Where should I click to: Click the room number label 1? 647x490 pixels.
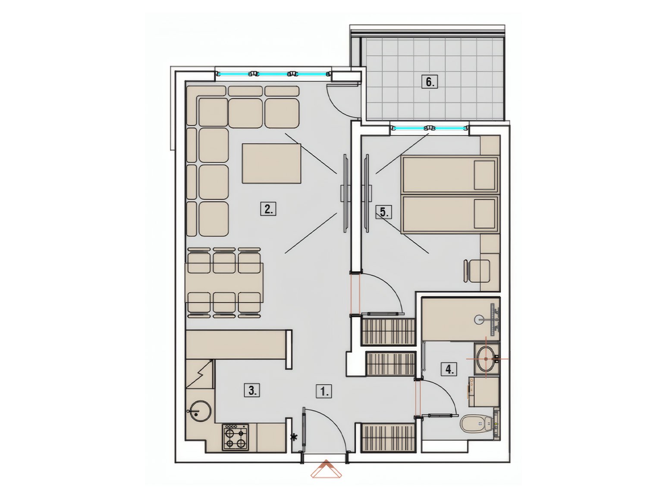pos(324,392)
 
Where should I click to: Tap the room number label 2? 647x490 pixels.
pos(268,209)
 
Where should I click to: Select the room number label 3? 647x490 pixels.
pos(252,390)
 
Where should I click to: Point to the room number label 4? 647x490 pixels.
pos(449,369)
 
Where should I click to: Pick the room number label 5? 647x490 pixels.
pos(384,212)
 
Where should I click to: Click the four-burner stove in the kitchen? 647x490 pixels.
pos(235,437)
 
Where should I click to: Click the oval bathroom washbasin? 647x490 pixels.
pos(487,359)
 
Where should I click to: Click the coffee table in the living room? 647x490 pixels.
pos(271,163)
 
